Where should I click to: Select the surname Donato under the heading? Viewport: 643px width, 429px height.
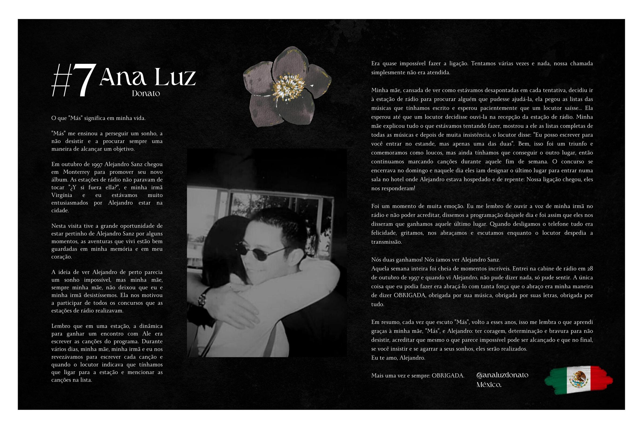point(146,94)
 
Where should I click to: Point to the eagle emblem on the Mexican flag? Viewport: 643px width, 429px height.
point(578,379)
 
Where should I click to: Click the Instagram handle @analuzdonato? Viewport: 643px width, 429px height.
point(502,375)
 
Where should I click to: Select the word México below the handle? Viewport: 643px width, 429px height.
point(489,385)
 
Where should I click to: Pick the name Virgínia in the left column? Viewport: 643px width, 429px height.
point(62,195)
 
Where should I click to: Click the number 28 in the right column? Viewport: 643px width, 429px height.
point(590,268)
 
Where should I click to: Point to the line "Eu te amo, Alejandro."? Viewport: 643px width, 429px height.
point(398,358)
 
